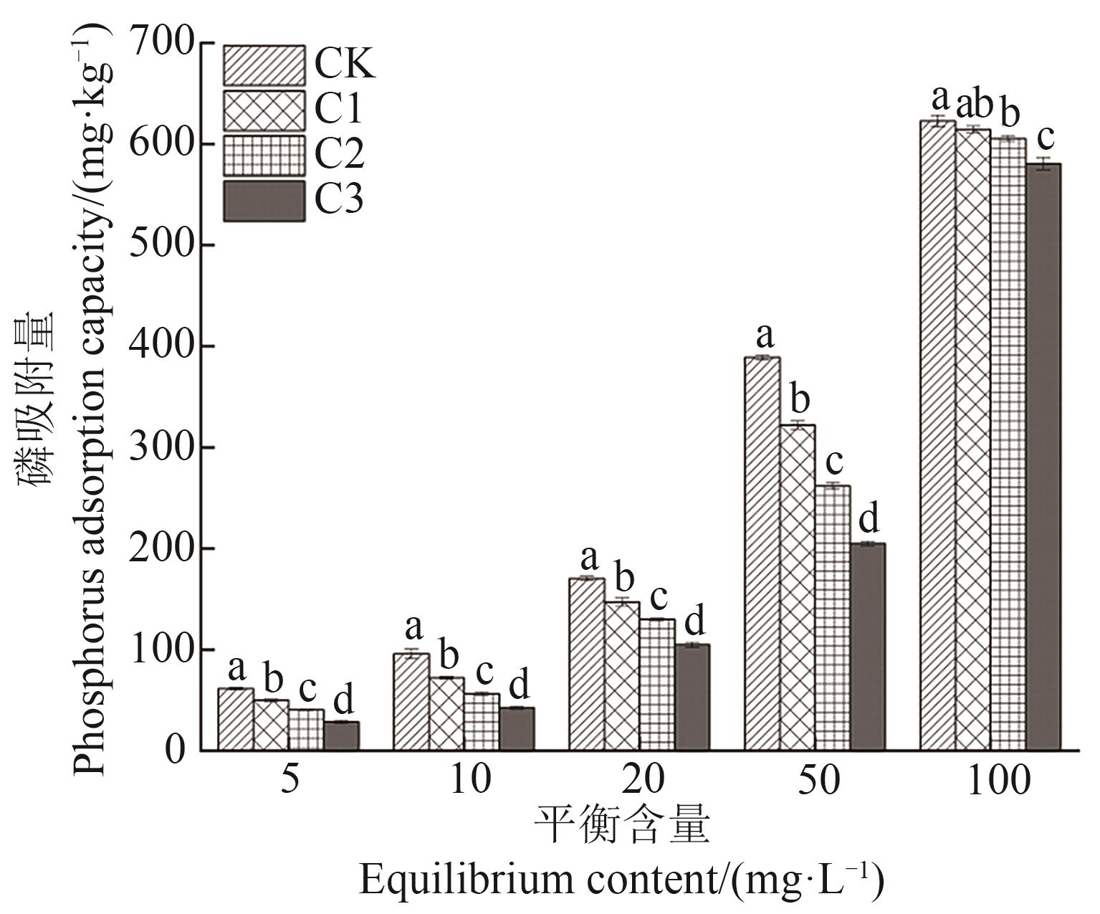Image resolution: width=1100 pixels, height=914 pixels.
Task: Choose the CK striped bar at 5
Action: click(235, 719)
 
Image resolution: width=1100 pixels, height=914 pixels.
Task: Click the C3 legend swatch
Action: click(264, 201)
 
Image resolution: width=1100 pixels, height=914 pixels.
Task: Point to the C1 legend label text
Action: click(339, 110)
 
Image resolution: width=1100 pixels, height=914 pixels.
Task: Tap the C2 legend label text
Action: click(340, 155)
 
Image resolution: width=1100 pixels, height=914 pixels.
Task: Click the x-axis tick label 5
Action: click(290, 781)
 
